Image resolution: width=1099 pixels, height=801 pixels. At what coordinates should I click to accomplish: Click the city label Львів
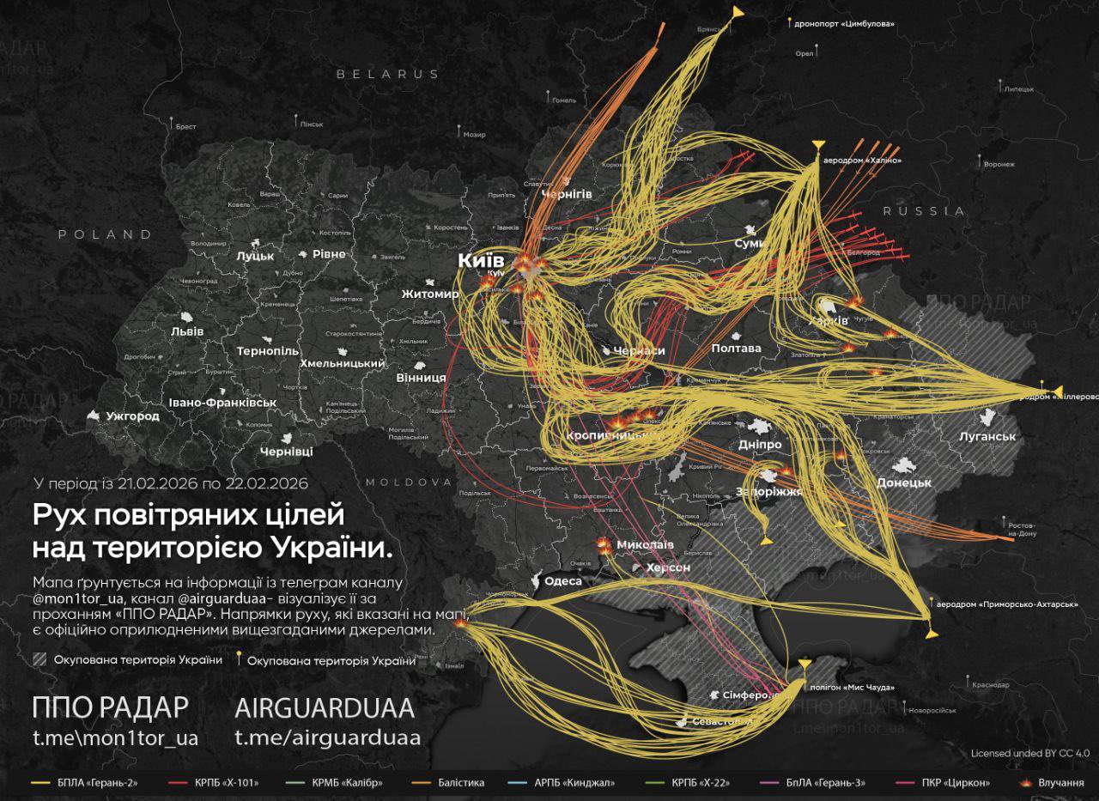click(187, 331)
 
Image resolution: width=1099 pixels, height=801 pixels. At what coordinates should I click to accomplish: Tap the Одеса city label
click(563, 581)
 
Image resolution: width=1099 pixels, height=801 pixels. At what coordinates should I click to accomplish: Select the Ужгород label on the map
click(132, 416)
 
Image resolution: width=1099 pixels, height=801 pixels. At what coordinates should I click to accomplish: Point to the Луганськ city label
click(987, 436)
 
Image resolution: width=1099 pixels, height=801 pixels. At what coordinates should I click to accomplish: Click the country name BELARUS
click(387, 75)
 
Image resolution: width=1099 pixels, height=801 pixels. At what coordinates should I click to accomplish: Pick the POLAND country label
click(105, 234)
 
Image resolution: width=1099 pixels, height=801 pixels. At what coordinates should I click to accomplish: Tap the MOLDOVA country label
click(409, 482)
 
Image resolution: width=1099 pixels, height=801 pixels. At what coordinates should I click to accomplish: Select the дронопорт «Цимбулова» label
click(845, 24)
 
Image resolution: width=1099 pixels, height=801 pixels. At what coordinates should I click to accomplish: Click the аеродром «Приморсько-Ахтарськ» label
click(1006, 604)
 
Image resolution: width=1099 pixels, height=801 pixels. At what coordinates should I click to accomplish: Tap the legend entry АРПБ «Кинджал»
click(577, 782)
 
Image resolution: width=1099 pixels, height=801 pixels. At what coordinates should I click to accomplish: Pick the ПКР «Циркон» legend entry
click(955, 782)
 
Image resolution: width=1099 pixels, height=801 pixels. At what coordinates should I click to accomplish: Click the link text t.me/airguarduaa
click(327, 738)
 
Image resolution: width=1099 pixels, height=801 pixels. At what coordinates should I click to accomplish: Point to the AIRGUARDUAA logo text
click(325, 708)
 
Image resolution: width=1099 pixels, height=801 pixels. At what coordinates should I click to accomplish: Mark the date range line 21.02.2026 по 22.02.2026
click(170, 483)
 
